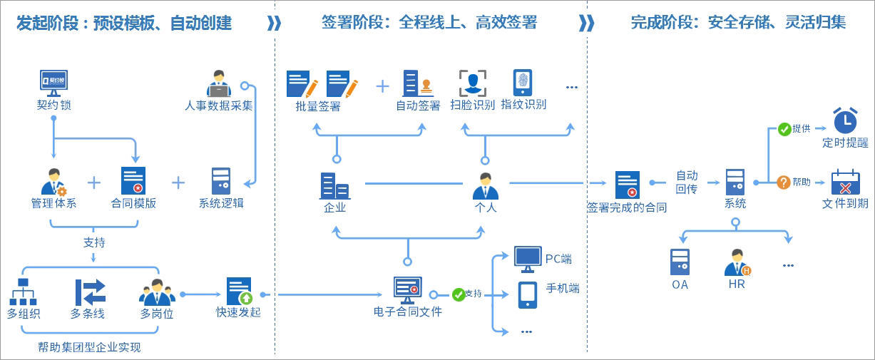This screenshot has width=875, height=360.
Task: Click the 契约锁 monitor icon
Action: pos(53,82)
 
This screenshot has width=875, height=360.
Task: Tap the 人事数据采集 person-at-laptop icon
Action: pos(218,83)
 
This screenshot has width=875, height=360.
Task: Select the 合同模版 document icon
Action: pos(133,181)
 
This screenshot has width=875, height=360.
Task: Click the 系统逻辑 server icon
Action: pos(221,181)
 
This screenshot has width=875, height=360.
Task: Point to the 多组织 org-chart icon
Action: pos(22,292)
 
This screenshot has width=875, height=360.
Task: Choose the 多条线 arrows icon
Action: pos(91,292)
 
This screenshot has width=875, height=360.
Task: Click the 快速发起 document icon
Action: pos(239,291)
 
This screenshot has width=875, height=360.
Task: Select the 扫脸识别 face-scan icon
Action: pos(472,83)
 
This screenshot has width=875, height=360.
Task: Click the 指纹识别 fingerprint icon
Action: pos(523,83)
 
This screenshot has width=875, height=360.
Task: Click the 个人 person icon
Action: pos(485,186)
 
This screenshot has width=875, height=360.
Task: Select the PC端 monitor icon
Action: pos(528,259)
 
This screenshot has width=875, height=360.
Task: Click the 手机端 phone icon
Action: pos(528,294)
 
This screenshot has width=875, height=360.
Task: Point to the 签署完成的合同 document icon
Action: pos(628,185)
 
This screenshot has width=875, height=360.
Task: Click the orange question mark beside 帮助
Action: pos(783,182)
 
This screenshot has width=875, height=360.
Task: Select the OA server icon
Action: pos(680,262)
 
